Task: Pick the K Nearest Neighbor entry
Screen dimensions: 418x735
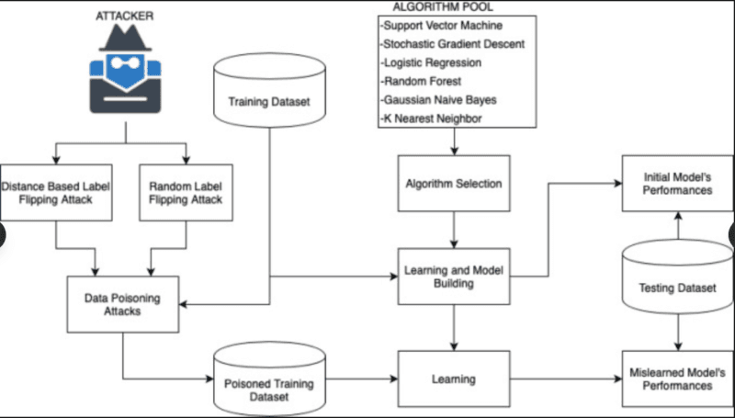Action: (428, 118)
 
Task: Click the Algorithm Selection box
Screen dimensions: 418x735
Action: (453, 184)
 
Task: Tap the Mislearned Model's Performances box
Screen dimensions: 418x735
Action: (677, 378)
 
